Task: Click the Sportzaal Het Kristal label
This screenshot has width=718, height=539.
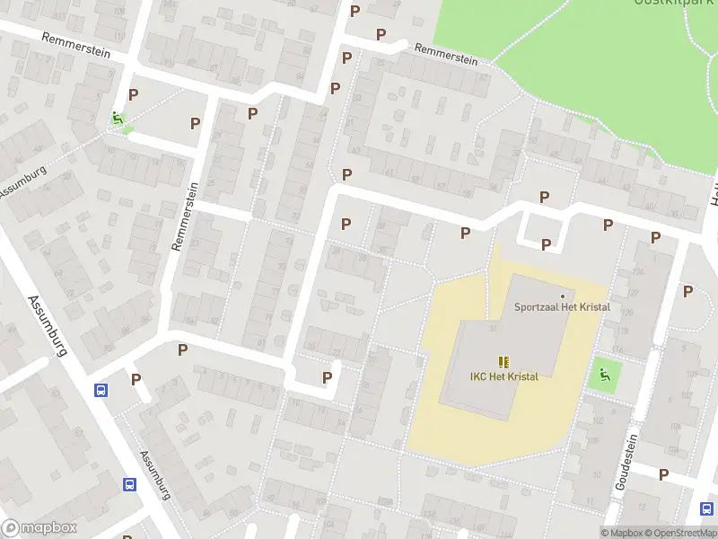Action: (x=562, y=307)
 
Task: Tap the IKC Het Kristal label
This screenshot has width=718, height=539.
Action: (x=503, y=376)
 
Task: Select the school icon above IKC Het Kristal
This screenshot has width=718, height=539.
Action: (x=503, y=361)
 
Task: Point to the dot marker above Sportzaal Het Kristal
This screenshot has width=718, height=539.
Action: (x=563, y=296)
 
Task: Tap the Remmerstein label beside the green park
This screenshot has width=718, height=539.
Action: (x=445, y=56)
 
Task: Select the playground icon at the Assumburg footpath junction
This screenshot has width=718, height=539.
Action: (x=117, y=118)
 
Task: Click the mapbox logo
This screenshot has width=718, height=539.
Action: (x=39, y=528)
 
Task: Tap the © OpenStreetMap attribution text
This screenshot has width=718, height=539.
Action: (x=680, y=533)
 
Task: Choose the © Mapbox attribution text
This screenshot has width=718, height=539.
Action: (x=621, y=533)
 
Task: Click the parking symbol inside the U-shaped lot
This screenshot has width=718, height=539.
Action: (x=546, y=244)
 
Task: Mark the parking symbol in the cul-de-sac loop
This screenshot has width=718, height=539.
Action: (x=327, y=378)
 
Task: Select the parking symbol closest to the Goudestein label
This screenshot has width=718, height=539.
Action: (x=664, y=474)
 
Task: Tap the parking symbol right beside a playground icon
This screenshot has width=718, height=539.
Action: (x=134, y=94)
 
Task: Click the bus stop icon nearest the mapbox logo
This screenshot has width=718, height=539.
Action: (x=129, y=484)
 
